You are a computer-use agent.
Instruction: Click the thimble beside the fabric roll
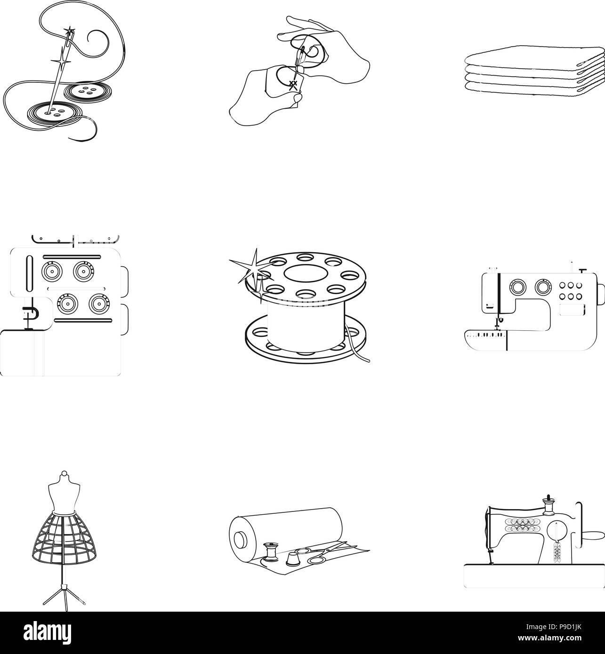290,558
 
